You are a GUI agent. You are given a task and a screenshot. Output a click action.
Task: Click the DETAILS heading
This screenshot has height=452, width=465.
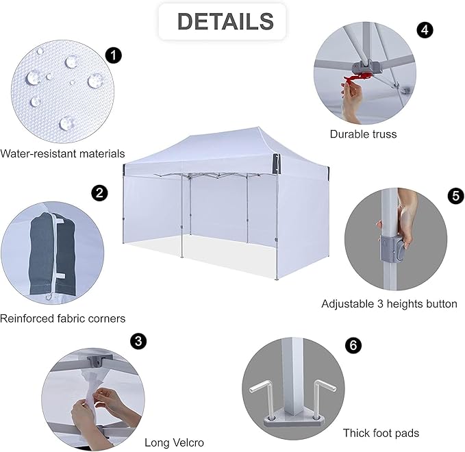pyautogui.click(x=225, y=21)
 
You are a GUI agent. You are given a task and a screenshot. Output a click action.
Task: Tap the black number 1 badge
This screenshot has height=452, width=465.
pyautogui.click(x=114, y=55)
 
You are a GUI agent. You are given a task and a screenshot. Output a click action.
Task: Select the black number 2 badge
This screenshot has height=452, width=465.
pyautogui.click(x=99, y=193)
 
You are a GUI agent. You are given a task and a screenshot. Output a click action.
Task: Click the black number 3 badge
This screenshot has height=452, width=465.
pyautogui.click(x=138, y=341)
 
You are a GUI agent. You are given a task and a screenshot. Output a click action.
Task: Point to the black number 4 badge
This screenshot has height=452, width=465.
pyautogui.click(x=425, y=30)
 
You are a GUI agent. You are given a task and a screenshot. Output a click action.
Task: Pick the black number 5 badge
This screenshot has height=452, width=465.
pyautogui.click(x=456, y=196)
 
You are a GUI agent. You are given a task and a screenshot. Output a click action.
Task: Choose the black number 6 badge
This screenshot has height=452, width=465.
pyautogui.click(x=353, y=345)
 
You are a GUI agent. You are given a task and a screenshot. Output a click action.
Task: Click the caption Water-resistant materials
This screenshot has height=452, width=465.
pyautogui.click(x=62, y=153)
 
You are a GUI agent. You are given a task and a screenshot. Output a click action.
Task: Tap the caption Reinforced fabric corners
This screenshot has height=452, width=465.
pyautogui.click(x=62, y=318)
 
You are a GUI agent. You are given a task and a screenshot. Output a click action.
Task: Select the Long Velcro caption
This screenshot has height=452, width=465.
pyautogui.click(x=175, y=442)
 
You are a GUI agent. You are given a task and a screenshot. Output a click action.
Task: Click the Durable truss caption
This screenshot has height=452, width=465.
pyautogui.click(x=363, y=134)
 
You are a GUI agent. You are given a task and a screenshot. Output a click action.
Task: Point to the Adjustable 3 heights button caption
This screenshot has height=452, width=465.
pyautogui.click(x=389, y=303)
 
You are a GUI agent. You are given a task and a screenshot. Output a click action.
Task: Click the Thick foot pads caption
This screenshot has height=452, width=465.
pyautogui.click(x=381, y=433)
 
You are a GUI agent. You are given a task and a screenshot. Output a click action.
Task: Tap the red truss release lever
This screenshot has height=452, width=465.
pyautogui.click(x=358, y=77)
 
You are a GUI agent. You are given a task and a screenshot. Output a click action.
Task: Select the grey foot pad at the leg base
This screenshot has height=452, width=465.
pyautogui.click(x=293, y=420)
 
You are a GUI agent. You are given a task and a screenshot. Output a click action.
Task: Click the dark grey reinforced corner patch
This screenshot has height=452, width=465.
pyautogui.click(x=53, y=254)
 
